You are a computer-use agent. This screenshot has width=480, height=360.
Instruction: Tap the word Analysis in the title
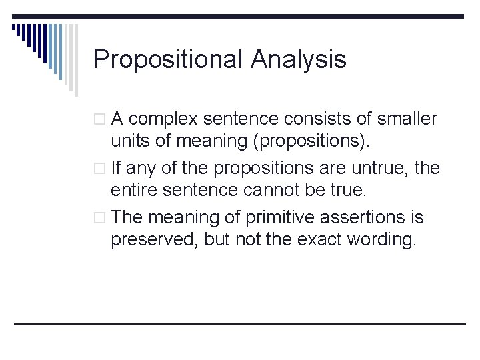[x=299, y=60]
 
